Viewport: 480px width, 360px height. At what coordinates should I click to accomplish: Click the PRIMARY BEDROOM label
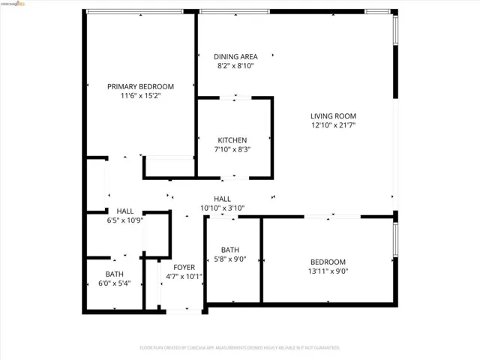[140, 86]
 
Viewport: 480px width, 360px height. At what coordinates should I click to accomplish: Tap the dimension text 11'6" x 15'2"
[140, 96]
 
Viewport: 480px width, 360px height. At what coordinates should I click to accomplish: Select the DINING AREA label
[235, 56]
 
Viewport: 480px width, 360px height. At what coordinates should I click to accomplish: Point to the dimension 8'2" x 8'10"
[235, 66]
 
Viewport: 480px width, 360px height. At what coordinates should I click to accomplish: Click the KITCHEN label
[232, 140]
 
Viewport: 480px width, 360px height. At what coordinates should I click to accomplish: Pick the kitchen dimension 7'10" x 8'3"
[232, 149]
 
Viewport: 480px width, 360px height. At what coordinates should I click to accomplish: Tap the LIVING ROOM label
[333, 115]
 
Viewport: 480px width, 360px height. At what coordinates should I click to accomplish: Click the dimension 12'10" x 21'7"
[333, 125]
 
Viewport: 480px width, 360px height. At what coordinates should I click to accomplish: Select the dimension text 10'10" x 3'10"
[222, 208]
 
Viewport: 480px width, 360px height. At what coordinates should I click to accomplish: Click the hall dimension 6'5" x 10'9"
[124, 220]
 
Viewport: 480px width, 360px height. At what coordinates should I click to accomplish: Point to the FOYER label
[184, 267]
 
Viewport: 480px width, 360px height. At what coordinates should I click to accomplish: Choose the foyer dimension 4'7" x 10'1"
[184, 276]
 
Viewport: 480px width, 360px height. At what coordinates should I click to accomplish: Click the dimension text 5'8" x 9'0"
[229, 259]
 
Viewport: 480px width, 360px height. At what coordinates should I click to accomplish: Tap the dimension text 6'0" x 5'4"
[114, 283]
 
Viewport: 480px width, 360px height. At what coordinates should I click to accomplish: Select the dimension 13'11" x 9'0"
[328, 271]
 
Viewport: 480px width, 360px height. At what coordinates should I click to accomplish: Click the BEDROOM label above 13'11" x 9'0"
[328, 262]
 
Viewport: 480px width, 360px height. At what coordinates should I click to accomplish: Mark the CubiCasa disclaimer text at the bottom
[239, 348]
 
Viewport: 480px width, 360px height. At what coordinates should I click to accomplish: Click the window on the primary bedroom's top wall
[134, 11]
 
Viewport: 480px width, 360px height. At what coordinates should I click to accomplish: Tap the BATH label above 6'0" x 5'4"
[114, 274]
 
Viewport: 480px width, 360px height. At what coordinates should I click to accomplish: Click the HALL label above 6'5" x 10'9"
[124, 211]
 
